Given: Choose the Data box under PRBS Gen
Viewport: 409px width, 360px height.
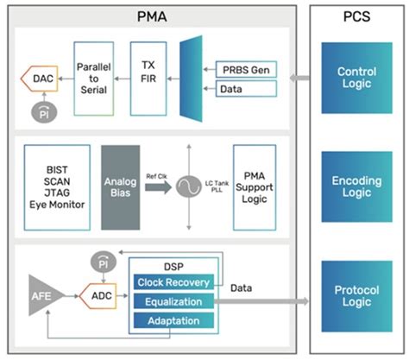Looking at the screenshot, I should point(245,88).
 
